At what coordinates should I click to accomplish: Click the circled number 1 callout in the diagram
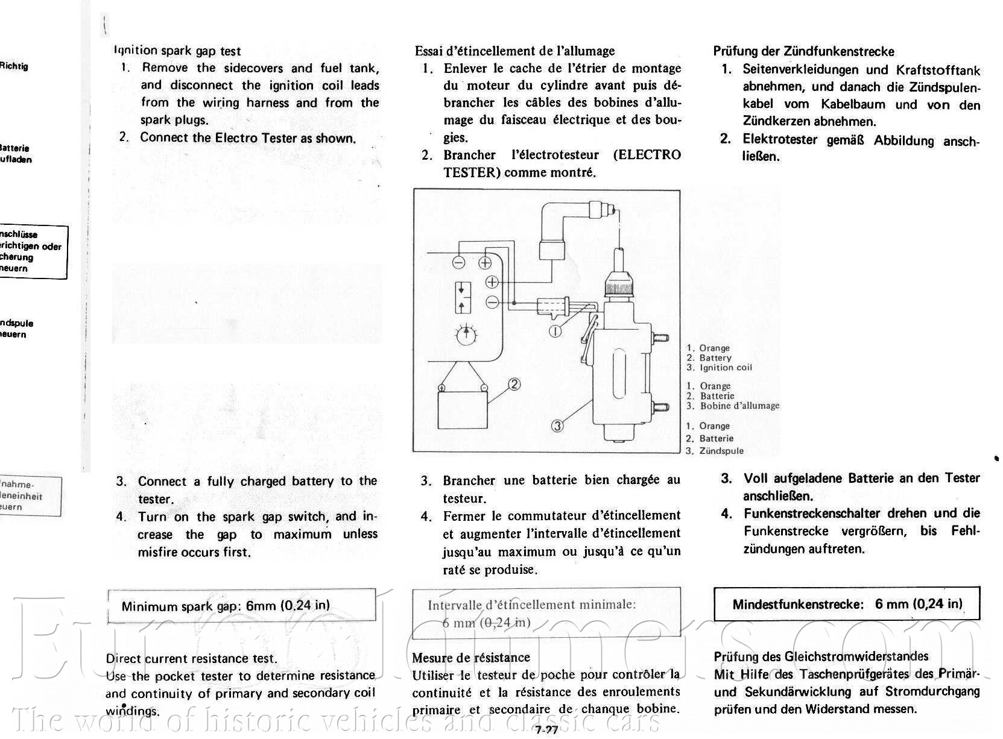pos(555,330)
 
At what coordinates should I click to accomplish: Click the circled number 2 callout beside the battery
pos(514,384)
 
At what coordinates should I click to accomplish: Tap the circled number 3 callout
pos(558,426)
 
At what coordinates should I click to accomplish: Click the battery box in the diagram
pos(462,409)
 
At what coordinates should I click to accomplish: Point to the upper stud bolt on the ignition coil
pos(661,338)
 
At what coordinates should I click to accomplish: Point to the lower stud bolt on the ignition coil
pos(661,406)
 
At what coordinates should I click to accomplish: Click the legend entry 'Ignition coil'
pos(726,368)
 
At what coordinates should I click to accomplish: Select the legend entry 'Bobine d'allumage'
pos(739,406)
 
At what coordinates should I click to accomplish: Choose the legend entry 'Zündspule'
pos(721,451)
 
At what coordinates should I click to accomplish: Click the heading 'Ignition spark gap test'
pos(177,51)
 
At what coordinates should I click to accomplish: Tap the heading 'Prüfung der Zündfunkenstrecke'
pos(803,51)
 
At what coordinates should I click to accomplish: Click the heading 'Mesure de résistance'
pos(471,658)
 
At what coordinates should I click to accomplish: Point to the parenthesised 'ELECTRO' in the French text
pos(647,155)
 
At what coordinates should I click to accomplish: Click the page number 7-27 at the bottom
pos(546,731)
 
